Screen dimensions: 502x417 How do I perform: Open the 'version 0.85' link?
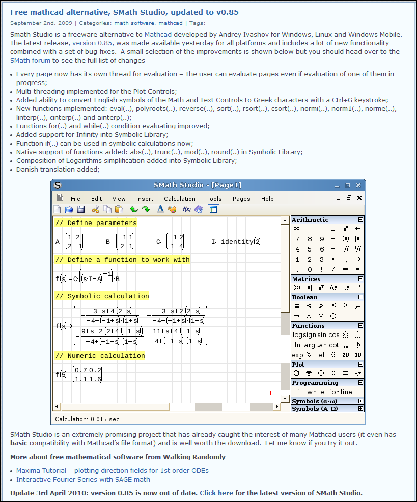pos(92,43)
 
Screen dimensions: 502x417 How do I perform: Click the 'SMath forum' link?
pos(30,60)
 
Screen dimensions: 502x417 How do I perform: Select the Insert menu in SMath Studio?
pos(145,199)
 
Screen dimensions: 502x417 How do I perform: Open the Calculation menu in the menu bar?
pos(179,199)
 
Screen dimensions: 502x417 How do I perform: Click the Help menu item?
pos(267,199)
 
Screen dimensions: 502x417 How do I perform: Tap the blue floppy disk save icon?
pos(81,209)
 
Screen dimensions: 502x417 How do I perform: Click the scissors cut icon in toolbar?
pos(96,209)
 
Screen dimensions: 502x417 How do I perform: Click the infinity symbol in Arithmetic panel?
pos(297,229)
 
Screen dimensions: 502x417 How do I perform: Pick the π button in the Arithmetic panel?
pos(309,229)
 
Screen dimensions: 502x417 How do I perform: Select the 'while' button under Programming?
pos(316,392)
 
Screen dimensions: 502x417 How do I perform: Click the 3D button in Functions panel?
pos(358,355)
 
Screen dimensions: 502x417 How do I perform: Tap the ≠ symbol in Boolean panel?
pos(358,306)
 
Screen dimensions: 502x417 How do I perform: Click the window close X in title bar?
pos(358,185)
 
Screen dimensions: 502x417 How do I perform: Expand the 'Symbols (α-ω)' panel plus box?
pos(360,401)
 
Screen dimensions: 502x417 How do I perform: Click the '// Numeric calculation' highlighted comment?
pos(100,355)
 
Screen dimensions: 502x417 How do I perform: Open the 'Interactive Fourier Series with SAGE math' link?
pos(83,479)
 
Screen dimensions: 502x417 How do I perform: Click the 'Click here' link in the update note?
pos(216,493)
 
